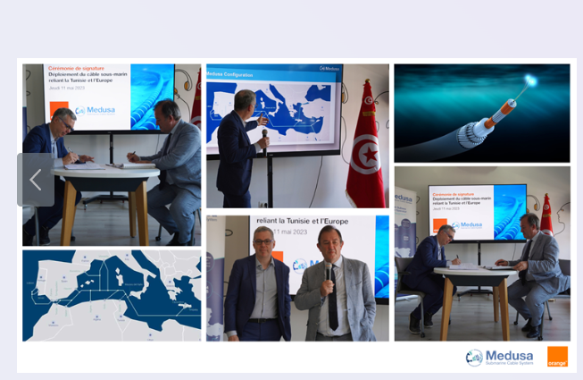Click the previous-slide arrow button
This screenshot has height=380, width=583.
click(36, 180)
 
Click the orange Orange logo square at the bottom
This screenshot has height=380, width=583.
click(557, 357)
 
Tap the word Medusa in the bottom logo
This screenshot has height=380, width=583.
click(510, 354)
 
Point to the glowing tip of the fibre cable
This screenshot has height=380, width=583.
click(530, 81)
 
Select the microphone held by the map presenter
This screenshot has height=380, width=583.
click(264, 137)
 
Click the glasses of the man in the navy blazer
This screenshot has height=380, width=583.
click(263, 242)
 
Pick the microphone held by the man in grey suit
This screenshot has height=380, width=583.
click(329, 273)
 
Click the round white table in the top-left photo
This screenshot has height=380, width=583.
click(104, 173)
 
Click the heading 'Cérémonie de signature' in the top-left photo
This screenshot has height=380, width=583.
click(77, 68)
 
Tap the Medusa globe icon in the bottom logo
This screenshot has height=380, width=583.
click(474, 357)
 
